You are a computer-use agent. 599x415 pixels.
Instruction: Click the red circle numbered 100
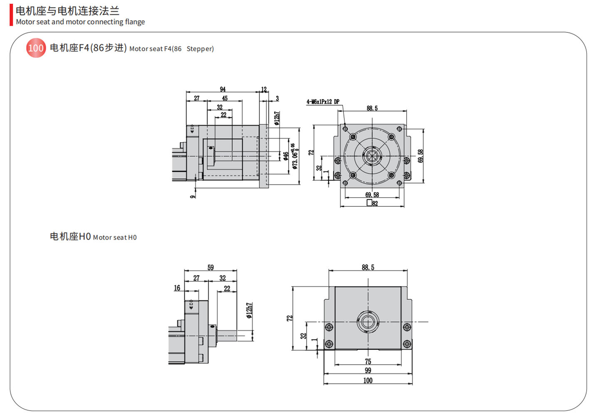point(36,48)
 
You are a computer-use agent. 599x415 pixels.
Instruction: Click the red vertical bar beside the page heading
point(11,15)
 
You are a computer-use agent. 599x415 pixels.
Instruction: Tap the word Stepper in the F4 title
point(200,49)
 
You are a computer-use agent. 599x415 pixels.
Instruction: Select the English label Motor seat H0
point(114,237)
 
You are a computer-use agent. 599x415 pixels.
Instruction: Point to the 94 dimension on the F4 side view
point(223,89)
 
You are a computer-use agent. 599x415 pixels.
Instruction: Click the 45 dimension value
point(225,98)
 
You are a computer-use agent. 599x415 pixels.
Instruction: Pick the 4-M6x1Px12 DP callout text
point(323,101)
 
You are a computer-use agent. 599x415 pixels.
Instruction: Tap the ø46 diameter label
point(286,156)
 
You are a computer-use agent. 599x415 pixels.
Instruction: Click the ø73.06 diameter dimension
point(295,156)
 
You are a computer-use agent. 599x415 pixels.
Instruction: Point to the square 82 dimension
point(372,203)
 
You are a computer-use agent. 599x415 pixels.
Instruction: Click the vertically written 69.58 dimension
point(421,156)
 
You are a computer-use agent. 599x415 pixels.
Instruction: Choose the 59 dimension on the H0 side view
point(210,267)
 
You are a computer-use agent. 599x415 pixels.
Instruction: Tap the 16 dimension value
point(177,288)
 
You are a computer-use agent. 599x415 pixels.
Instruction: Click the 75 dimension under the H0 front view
point(368,361)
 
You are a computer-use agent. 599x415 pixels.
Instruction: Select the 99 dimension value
point(368,371)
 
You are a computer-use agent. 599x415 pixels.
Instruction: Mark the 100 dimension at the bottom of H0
point(368,380)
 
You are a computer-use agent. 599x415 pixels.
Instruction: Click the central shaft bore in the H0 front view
point(368,322)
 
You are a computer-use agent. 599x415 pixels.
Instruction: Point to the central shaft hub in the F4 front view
point(372,156)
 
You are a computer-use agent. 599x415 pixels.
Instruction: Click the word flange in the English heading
point(135,22)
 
